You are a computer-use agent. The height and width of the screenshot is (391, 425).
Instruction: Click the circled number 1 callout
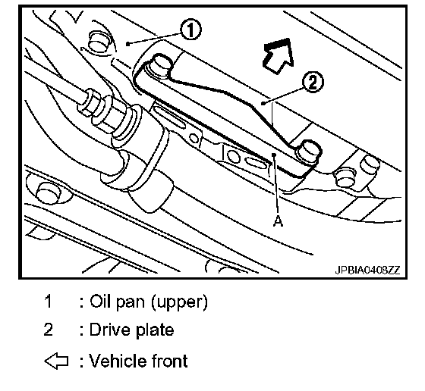(190, 30)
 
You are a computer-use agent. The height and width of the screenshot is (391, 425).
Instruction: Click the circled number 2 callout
(313, 82)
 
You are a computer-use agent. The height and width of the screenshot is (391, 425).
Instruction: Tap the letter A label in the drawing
(278, 221)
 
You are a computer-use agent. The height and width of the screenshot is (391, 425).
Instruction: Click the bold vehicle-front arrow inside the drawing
(279, 55)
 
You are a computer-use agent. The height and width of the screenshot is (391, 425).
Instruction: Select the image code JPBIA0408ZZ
(367, 270)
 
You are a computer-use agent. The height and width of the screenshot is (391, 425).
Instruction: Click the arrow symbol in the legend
(56, 361)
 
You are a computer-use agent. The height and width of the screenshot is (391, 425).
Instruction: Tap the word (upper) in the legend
(180, 302)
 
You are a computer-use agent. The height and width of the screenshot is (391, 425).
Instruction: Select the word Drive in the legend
(111, 330)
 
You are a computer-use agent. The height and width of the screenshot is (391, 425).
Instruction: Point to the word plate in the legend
(155, 330)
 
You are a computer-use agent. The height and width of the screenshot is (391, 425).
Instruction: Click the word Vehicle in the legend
(118, 361)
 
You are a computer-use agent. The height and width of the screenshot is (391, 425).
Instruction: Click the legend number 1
(48, 301)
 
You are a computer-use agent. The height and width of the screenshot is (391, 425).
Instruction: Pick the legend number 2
(48, 330)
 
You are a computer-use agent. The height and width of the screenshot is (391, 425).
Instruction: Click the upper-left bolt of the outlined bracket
(161, 65)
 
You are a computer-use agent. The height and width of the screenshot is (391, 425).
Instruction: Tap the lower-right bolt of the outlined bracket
(309, 152)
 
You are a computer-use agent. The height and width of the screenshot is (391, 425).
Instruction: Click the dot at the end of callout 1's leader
(127, 43)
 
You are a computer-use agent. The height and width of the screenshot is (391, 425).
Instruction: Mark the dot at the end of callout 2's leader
(262, 103)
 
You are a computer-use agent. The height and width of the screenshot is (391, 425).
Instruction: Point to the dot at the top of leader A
(274, 155)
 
